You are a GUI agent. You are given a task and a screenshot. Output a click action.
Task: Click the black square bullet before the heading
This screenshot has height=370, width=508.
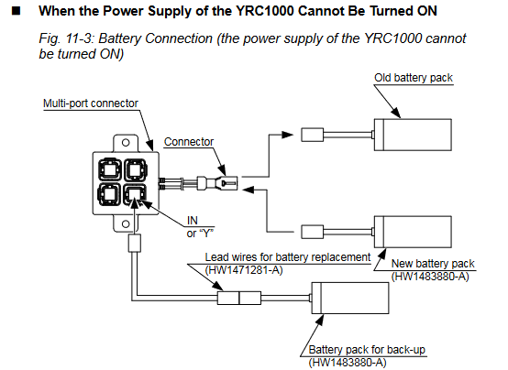coord(17,11)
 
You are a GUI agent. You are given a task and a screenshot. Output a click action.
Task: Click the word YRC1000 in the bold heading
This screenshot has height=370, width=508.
coord(264,11)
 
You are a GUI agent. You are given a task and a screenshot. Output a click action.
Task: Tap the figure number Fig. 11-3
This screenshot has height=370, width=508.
coord(66,38)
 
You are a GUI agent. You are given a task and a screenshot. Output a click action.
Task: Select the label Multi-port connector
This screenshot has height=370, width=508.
coord(91,103)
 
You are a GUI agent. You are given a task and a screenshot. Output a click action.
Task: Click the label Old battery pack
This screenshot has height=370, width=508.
coord(414,78)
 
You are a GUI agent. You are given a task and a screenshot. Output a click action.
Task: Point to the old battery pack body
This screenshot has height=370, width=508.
coord(413,135)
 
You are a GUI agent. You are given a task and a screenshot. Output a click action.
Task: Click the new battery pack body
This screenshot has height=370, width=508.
coord(413,232)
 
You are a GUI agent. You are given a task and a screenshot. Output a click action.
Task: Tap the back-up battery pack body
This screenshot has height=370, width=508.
coord(350,298)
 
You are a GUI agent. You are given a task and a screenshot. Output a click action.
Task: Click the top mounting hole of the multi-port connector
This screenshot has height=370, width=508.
coord(126,143)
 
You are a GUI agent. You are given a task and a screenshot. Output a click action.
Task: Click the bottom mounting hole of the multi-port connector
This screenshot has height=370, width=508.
coord(126,223)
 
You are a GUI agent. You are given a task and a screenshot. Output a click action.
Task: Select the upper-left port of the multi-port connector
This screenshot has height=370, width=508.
coord(109,169)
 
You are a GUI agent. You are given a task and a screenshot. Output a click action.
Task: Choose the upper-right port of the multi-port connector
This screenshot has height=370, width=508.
coord(136,169)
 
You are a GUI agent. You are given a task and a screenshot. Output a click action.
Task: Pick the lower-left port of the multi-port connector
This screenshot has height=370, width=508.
coord(109,194)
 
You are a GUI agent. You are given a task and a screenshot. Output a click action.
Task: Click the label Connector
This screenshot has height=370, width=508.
coord(189,142)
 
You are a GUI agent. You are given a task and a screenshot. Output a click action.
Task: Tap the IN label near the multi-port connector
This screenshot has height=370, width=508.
coord(193,221)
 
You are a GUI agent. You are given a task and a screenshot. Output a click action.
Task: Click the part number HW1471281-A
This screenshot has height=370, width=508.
coord(244,270)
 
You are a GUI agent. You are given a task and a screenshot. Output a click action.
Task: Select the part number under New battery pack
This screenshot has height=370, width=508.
coord(430,277)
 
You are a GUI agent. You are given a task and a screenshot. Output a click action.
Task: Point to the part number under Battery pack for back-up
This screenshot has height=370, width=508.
coord(348,363)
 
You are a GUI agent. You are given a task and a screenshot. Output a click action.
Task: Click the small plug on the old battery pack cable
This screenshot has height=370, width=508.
coord(313,135)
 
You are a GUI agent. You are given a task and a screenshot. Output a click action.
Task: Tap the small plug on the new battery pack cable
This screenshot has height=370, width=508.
coord(313,232)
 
